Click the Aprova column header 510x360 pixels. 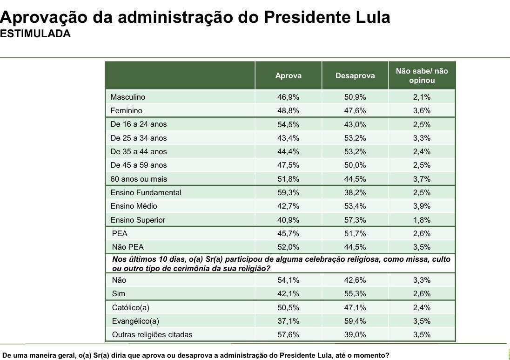pos(288,75)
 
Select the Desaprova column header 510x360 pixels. pos(355,75)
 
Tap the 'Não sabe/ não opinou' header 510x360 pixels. pos(422,75)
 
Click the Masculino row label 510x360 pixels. pos(128,97)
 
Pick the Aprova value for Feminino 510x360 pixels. pos(288,111)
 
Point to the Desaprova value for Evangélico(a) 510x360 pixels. pos(355,321)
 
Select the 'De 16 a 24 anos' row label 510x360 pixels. pos(139,124)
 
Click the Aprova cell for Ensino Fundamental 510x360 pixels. pos(288,193)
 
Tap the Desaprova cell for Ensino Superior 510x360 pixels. pos(355,220)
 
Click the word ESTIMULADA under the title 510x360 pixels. pos(35,34)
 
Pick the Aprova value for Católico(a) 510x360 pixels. pos(288,308)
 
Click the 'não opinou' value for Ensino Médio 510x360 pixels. pos(422,206)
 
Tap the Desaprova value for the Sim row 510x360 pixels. pos(355,294)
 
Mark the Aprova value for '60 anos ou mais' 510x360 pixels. pos(288,179)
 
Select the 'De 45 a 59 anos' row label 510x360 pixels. pos(139,165)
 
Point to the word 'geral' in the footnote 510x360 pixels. pos(65,355)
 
